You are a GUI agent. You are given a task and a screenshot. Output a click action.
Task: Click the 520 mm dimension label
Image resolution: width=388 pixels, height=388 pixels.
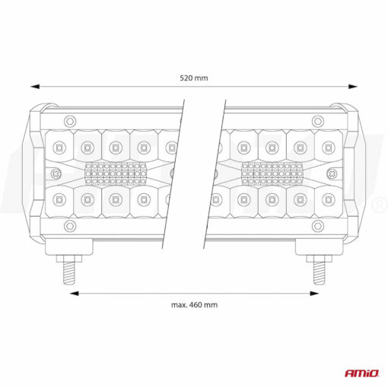[x=194, y=77]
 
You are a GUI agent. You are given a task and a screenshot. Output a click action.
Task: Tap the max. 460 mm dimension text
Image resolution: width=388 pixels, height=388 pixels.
[x=194, y=304]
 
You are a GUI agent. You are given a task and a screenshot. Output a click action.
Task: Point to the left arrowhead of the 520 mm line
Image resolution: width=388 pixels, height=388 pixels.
[x=33, y=87]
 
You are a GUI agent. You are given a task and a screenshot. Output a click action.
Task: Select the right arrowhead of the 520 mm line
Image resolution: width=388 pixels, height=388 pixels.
[x=355, y=87]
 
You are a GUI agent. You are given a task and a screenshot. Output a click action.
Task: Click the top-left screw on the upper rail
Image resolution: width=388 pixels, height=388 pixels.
[x=70, y=120]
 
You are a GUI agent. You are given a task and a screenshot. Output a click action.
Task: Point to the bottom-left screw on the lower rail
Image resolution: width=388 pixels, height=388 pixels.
[x=70, y=226]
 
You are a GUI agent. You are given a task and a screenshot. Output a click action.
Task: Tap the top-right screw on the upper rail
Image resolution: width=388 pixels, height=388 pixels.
[x=318, y=120]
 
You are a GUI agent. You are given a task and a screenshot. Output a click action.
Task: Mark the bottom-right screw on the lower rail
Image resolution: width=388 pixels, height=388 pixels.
[x=318, y=226]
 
